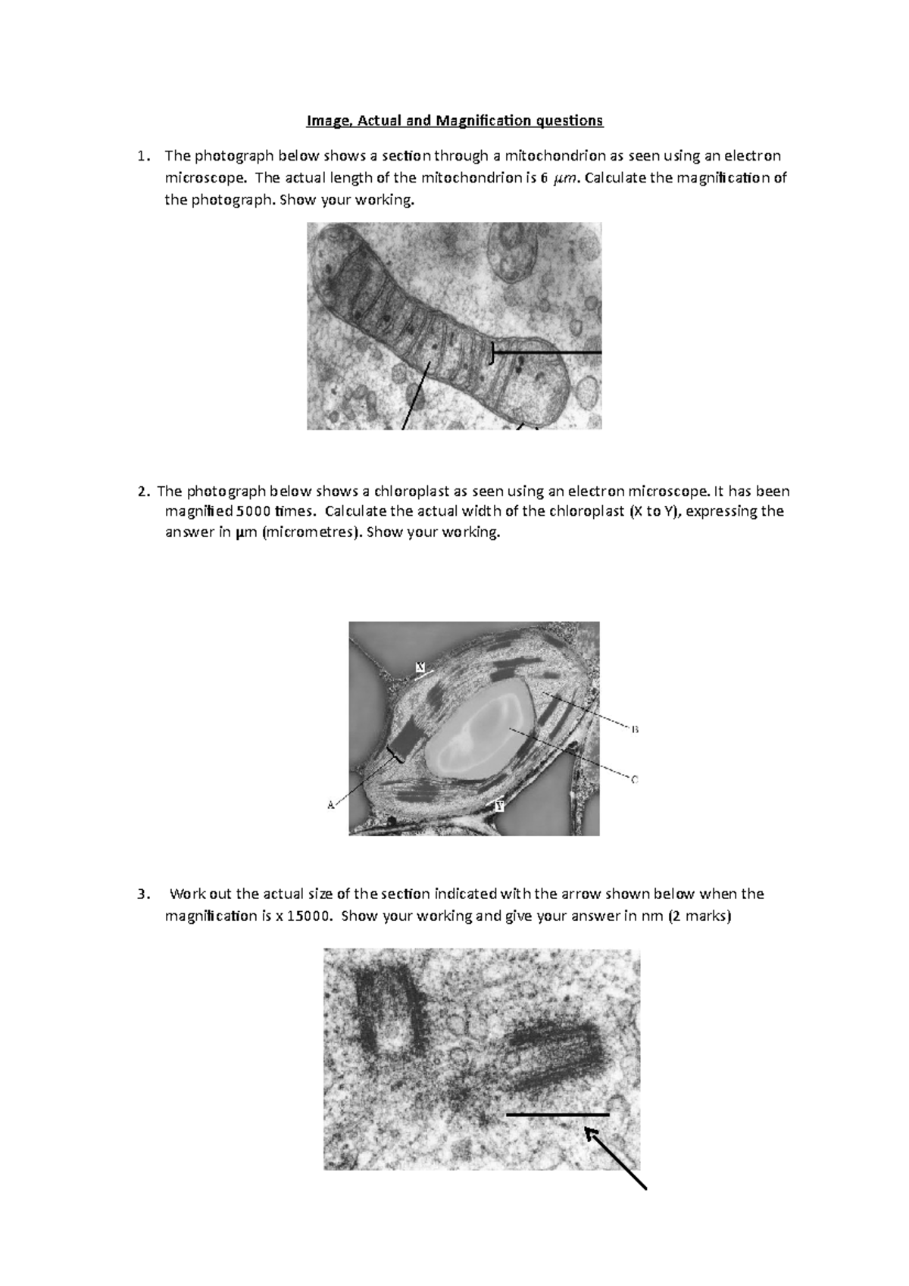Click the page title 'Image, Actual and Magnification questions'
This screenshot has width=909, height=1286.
454,120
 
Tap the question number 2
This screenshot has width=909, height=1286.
142,492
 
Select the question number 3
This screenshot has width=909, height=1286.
142,894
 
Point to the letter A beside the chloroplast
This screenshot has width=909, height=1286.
331,805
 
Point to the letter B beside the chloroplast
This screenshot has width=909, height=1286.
635,729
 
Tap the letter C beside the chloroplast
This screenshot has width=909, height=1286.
635,779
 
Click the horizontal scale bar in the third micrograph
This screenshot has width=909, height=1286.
558,1115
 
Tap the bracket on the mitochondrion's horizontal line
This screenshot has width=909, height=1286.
492,352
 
